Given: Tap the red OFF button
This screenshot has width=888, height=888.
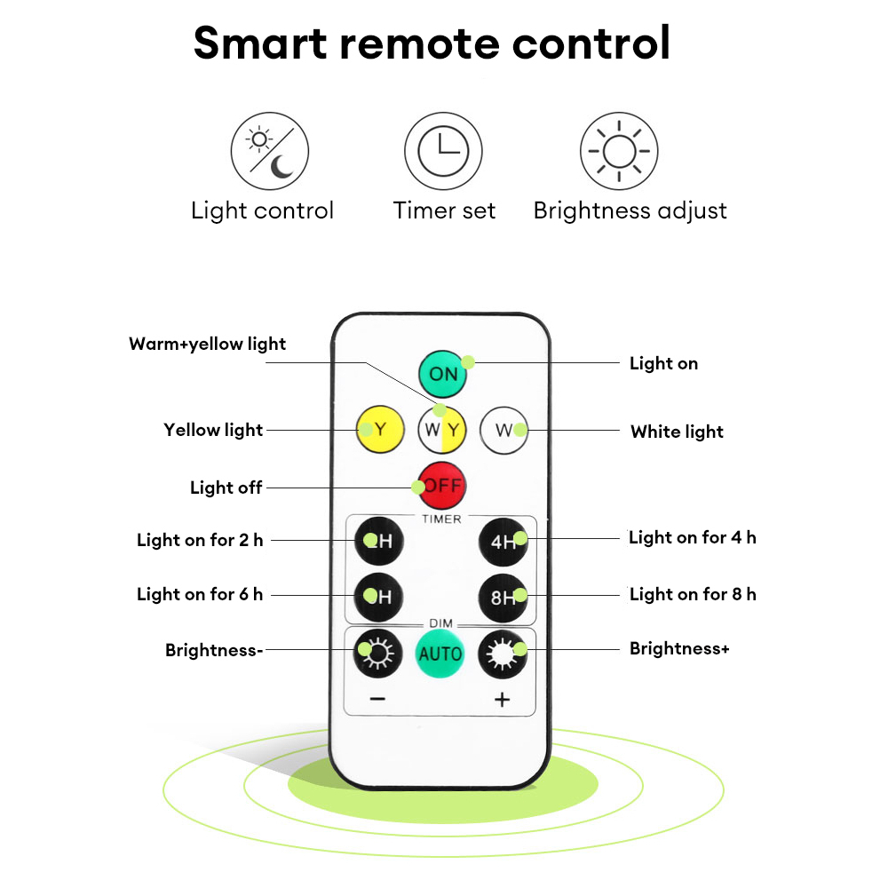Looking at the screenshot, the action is [442, 486].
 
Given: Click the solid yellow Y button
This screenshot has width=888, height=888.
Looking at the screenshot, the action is [380, 429].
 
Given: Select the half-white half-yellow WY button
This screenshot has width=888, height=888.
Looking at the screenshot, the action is [442, 430].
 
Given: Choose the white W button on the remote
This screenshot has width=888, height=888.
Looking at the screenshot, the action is [503, 431].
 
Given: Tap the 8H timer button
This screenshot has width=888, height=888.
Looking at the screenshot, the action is [503, 598].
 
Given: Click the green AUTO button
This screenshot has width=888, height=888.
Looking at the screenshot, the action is [440, 654].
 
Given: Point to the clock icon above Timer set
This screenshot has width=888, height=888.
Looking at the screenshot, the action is [443, 151].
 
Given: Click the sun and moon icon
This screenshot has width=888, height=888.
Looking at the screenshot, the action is [270, 151].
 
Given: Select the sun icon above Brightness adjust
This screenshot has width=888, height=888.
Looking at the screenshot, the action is [619, 151].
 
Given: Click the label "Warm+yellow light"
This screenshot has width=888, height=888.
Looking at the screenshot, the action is [207, 344].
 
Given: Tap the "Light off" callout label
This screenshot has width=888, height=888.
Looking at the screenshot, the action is [226, 487].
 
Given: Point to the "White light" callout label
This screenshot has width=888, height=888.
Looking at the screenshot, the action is [677, 432].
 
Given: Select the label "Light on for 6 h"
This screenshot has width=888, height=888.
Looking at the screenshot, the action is [200, 594].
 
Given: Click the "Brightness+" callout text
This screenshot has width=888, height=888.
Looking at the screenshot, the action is [679, 648].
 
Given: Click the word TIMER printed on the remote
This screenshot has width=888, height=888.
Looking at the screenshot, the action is [441, 519].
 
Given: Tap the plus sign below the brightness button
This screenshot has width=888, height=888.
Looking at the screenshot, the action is [502, 700].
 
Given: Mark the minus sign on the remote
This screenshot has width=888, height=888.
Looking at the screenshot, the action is [377, 700].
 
